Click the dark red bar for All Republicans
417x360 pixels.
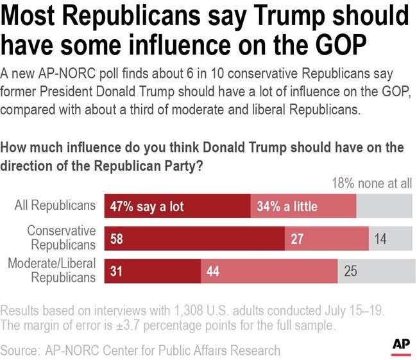point(177,206)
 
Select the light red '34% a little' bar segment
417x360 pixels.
point(303,206)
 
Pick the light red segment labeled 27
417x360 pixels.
point(327,238)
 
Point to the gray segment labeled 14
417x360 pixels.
point(390,238)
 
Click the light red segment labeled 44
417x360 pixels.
point(269,270)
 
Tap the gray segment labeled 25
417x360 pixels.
point(375,270)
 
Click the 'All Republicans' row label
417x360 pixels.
point(55,206)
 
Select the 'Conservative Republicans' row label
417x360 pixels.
point(62,237)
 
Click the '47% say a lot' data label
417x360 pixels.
point(146,206)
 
